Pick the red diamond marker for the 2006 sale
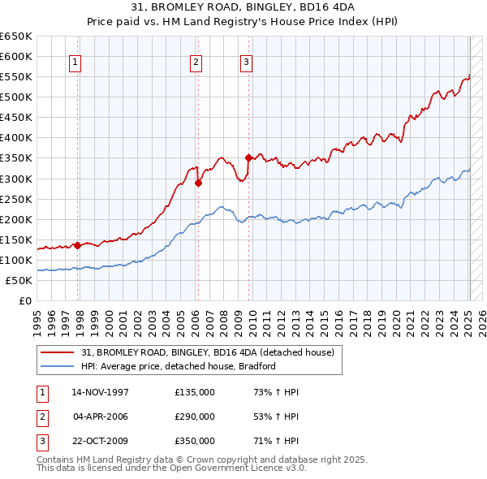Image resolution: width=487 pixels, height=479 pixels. [198, 183]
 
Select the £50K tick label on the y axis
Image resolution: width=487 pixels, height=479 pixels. [19, 280]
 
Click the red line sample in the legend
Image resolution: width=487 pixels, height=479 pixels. [58, 352]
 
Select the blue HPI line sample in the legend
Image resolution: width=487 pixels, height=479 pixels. [58, 366]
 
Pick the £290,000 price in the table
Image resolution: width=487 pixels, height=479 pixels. [195, 416]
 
